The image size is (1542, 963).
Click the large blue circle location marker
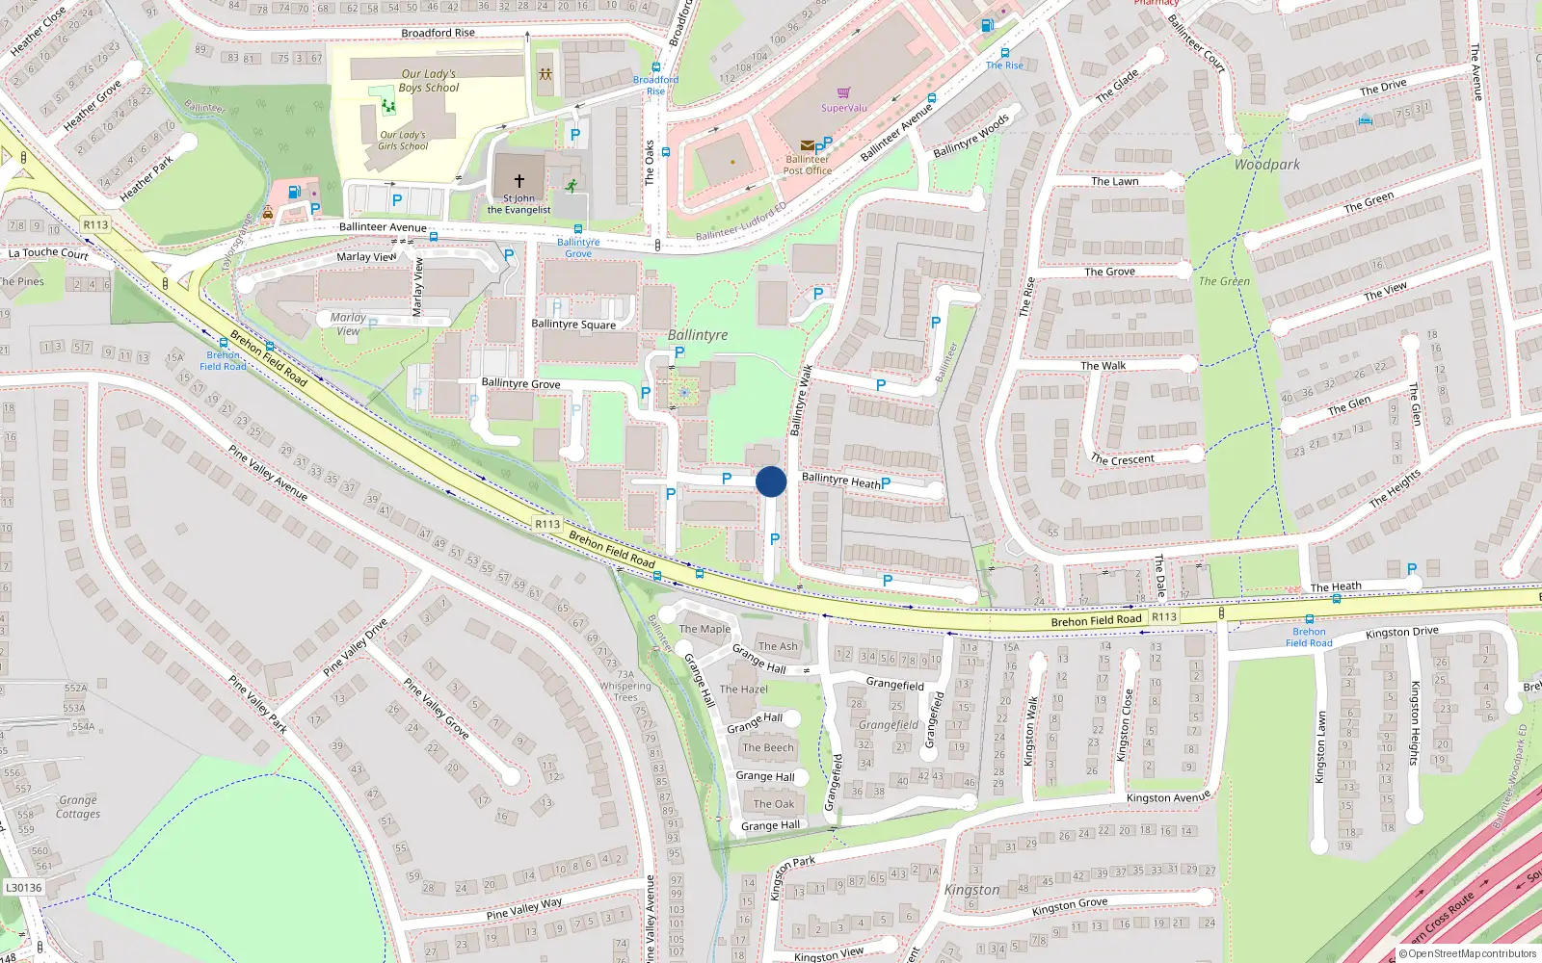[771, 481]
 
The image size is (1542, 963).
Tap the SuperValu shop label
[843, 108]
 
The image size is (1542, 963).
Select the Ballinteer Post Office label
[807, 165]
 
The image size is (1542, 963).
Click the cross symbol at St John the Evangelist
[519, 180]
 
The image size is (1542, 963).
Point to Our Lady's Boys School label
[429, 81]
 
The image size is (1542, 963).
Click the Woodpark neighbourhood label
[1266, 165]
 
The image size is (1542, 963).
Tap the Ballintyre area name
[698, 335]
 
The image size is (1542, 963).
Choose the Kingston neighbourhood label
[971, 890]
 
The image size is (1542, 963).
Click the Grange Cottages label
[78, 807]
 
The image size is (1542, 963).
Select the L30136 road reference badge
[23, 888]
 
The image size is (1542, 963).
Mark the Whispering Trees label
[625, 691]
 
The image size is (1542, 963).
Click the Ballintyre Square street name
[573, 325]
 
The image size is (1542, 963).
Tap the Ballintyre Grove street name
[520, 383]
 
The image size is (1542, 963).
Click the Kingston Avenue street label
[1168, 798]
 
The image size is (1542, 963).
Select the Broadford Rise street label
[438, 33]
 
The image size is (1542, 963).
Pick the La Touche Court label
[48, 253]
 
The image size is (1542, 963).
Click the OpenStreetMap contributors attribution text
[1468, 954]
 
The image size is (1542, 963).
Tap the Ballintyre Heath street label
[840, 480]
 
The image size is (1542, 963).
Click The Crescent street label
[1123, 459]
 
